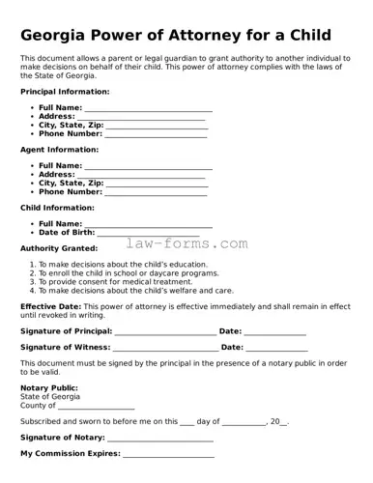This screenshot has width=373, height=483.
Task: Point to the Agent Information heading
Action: click(59, 150)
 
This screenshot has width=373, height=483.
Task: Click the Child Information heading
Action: click(57, 208)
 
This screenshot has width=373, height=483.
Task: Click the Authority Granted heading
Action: click(58, 248)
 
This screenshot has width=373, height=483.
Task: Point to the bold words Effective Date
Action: click(49, 306)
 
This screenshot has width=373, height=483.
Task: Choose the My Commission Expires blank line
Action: click(168, 455)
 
